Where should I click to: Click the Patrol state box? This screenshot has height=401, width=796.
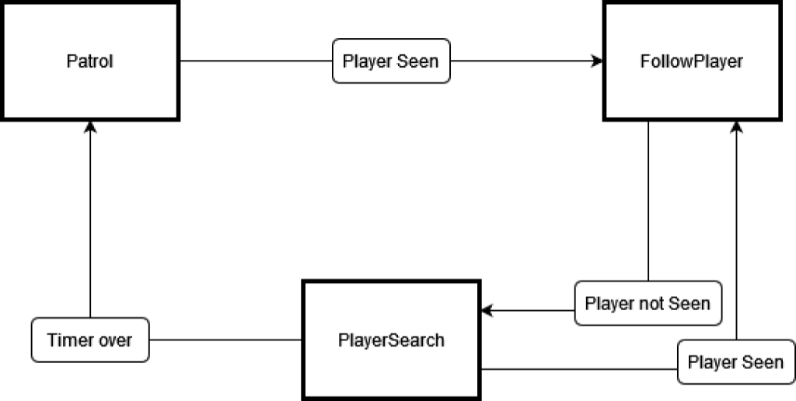tap(90, 61)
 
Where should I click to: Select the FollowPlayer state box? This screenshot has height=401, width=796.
tap(692, 61)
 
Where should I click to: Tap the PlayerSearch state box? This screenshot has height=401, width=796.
tap(391, 340)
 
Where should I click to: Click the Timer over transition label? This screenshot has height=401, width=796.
tap(90, 340)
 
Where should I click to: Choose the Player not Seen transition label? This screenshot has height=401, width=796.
tap(648, 303)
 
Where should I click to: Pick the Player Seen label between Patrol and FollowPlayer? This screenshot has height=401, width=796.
tap(391, 61)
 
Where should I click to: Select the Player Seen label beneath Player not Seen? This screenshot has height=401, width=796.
tap(735, 362)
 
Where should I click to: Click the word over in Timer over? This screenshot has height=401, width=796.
tap(114, 340)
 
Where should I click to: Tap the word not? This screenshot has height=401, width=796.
tap(651, 303)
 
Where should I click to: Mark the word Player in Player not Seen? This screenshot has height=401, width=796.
tap(609, 303)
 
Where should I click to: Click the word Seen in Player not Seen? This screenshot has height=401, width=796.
tap(689, 303)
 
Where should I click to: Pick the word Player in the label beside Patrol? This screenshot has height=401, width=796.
tap(368, 61)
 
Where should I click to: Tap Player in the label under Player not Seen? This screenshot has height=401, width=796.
tap(712, 362)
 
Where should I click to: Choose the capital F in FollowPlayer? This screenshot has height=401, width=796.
tap(645, 61)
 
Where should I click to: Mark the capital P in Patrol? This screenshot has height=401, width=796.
tap(72, 61)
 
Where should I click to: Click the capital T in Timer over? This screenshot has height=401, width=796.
tap(51, 340)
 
